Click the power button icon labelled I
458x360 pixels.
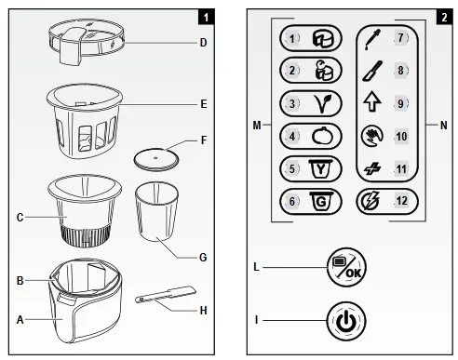(x=346, y=321)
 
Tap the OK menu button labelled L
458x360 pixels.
(x=346, y=267)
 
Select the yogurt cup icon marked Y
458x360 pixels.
(x=321, y=169)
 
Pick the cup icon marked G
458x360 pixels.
(x=321, y=202)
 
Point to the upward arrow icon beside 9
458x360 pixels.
(x=372, y=103)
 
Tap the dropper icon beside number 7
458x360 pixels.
(x=372, y=39)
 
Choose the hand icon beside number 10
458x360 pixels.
(x=372, y=137)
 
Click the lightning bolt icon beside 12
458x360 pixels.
(x=371, y=201)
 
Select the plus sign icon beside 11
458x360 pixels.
(x=372, y=169)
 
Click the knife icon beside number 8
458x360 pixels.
(x=372, y=71)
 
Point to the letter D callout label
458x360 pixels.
(x=203, y=43)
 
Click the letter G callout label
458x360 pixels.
(x=203, y=258)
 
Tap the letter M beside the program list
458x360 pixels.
(x=257, y=126)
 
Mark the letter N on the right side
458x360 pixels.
(x=444, y=126)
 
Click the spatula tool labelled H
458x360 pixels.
(x=166, y=294)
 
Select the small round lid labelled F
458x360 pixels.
(x=156, y=159)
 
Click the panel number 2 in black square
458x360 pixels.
(x=444, y=17)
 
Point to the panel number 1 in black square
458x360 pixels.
(x=207, y=17)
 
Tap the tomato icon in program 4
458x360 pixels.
(x=322, y=136)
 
